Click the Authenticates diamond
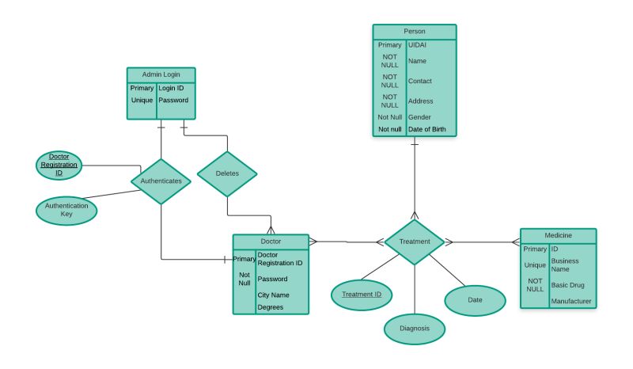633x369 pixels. pyautogui.click(x=161, y=181)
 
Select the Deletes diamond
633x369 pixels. pyautogui.click(x=227, y=173)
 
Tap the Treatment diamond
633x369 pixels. pyautogui.click(x=415, y=242)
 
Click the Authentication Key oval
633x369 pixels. pyautogui.click(x=66, y=210)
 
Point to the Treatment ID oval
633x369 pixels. pyautogui.click(x=362, y=295)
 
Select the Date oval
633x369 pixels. pyautogui.click(x=475, y=300)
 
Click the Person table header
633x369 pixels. pyautogui.click(x=415, y=31)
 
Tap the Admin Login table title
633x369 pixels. pyautogui.click(x=161, y=74)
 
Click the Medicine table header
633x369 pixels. pyautogui.click(x=558, y=236)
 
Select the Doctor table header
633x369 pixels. pyautogui.click(x=271, y=241)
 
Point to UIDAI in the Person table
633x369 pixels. pyautogui.click(x=417, y=45)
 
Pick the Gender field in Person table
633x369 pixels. pyautogui.click(x=419, y=116)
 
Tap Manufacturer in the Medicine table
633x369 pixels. pyautogui.click(x=571, y=301)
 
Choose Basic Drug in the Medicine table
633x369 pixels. pyautogui.click(x=567, y=285)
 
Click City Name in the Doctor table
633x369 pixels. pyautogui.click(x=274, y=295)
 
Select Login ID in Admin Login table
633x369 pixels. pyautogui.click(x=171, y=88)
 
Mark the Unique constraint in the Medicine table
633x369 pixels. pyautogui.click(x=535, y=265)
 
